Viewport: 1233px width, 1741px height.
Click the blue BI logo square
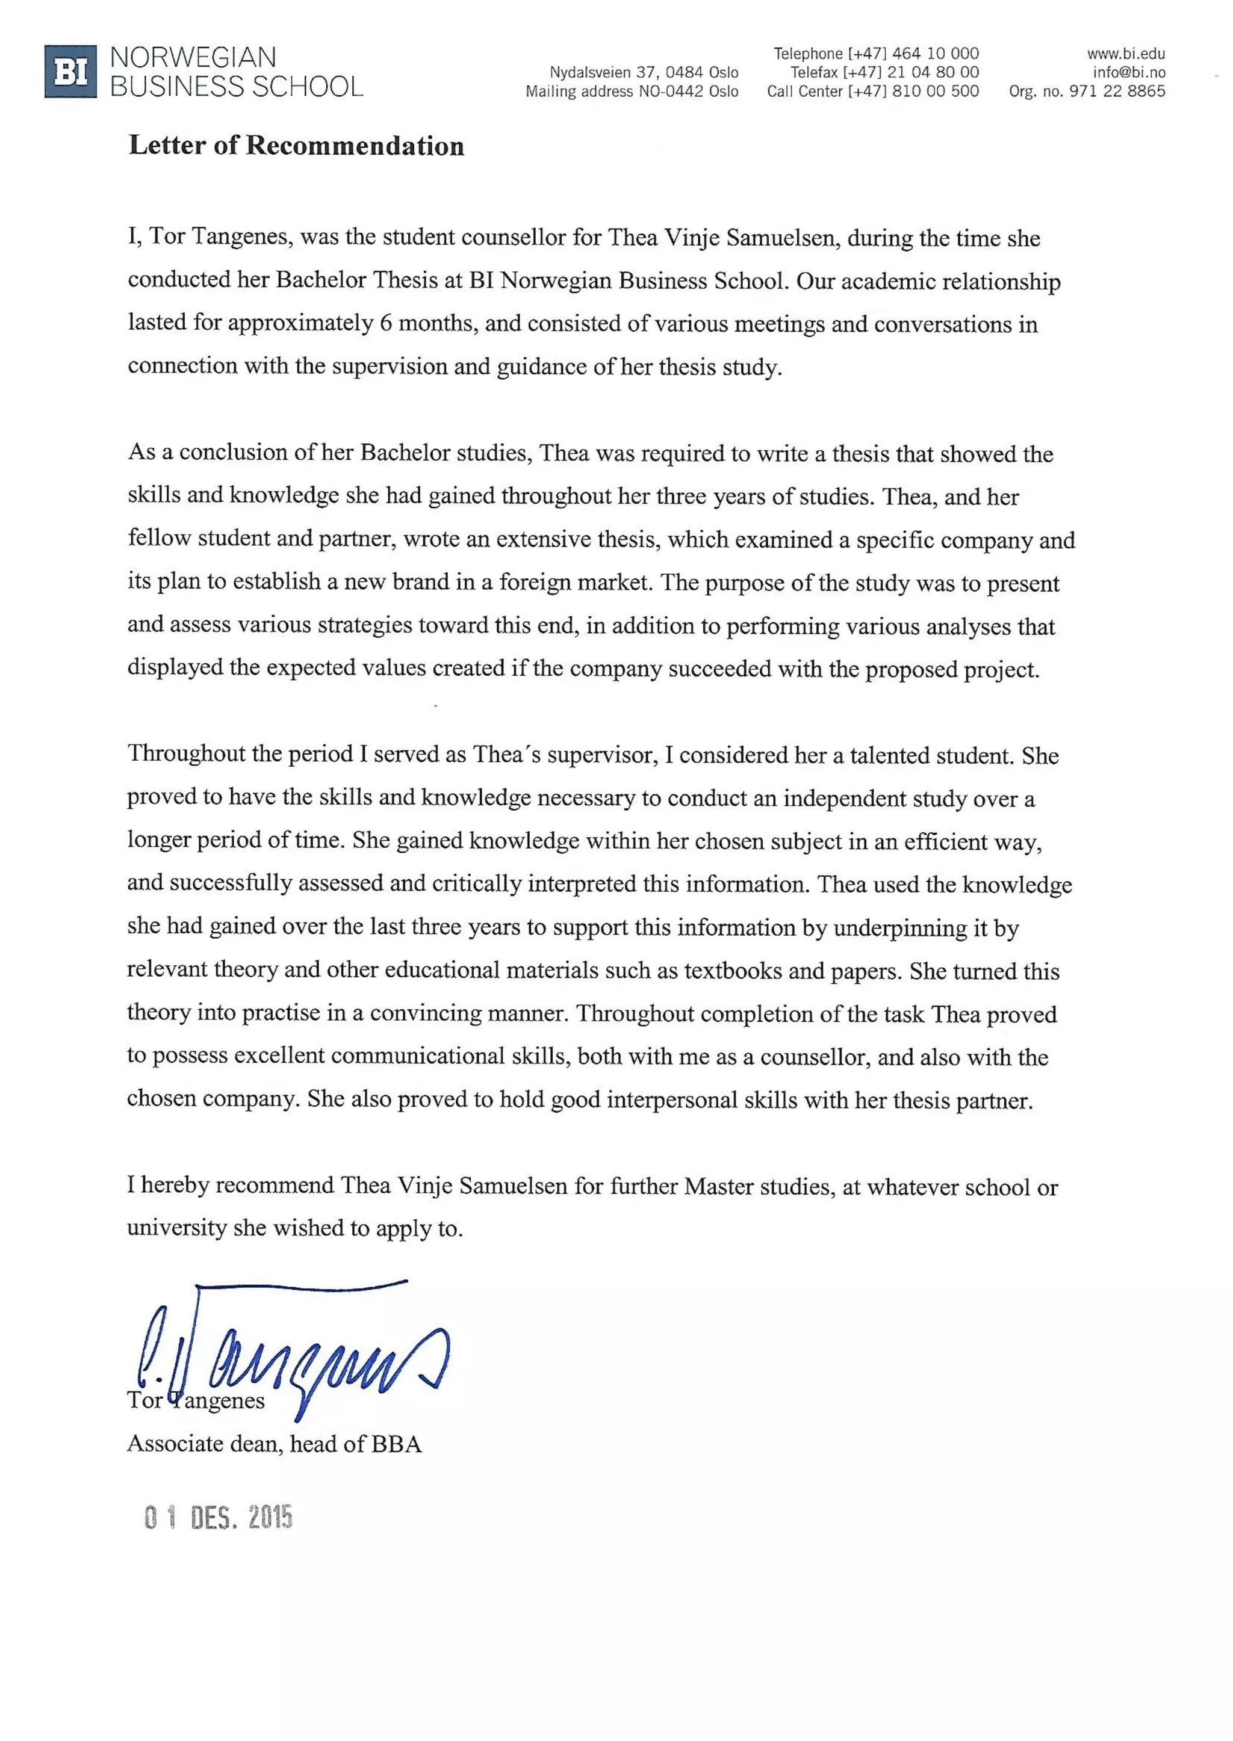tap(70, 72)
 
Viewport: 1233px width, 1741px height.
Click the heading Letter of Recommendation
tap(296, 146)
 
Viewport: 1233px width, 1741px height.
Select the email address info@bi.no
tap(1128, 73)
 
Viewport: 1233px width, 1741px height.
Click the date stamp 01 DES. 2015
tap(219, 1517)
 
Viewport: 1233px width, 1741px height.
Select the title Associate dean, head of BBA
tap(274, 1444)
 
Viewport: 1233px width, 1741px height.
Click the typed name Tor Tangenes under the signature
tap(196, 1401)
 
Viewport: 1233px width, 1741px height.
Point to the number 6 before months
tap(386, 324)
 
